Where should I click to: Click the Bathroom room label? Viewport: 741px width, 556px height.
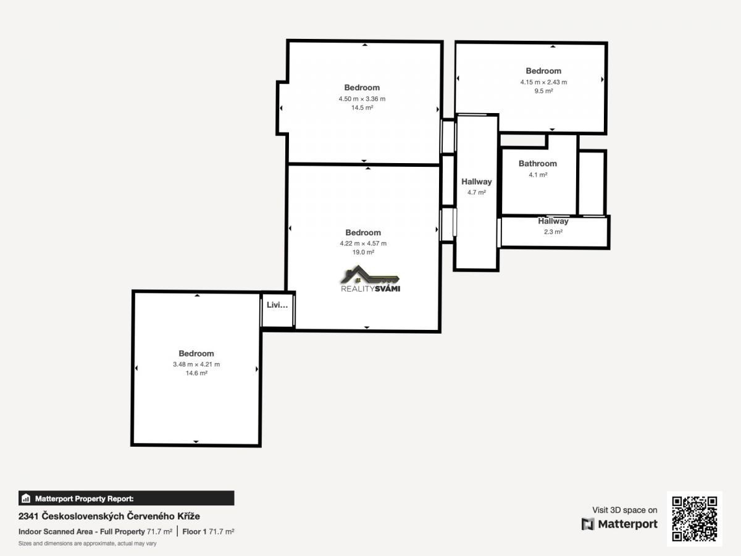pos(538,164)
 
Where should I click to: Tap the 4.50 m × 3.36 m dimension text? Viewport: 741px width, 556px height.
pos(362,99)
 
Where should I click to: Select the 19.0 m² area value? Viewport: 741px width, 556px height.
pos(363,252)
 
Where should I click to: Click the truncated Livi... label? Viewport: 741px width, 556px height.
pos(277,305)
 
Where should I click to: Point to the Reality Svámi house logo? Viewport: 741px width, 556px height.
pos(371,279)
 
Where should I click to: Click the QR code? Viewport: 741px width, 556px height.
pos(695,519)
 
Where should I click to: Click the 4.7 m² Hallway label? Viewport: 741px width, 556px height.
pos(476,182)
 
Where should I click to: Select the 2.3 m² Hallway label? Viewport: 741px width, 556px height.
pos(553,221)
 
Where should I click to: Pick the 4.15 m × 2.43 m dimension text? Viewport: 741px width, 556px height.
pos(543,82)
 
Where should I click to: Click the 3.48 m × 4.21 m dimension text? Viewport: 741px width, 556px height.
pos(196,364)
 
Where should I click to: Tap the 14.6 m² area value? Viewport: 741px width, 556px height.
pos(196,373)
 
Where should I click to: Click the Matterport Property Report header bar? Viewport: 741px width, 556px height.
pos(126,499)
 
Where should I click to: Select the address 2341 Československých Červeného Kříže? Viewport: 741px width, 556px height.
pos(109,516)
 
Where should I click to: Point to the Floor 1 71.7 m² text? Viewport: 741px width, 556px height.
pos(208,532)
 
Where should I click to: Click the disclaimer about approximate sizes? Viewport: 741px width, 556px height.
pos(88,544)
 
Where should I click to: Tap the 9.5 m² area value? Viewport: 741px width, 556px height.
pos(543,91)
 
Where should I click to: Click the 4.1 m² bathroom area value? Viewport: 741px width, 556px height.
pos(538,175)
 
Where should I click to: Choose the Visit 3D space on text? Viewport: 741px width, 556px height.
pos(624,510)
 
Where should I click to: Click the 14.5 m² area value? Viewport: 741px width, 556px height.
pos(362,107)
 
